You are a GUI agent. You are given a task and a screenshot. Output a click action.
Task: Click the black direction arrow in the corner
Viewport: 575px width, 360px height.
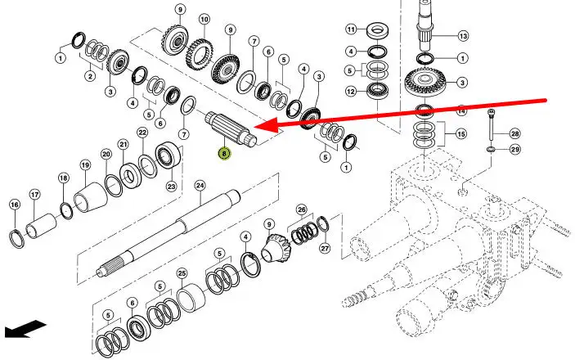24,329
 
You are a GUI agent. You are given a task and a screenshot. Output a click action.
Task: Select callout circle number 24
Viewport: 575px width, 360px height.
199,186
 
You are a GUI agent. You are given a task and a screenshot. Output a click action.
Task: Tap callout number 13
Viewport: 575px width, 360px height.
462,36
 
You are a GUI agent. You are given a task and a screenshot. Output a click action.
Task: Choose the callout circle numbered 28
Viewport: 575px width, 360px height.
514,133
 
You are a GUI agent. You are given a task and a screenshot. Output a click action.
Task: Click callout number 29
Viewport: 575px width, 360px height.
514,149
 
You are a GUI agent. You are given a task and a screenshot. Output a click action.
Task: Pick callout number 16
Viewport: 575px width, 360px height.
14,205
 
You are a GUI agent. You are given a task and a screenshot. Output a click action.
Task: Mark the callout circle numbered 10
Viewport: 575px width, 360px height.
204,19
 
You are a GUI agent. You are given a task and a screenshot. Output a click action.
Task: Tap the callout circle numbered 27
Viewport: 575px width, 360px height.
324,249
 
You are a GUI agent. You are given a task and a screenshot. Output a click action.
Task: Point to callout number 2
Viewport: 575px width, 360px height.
89,76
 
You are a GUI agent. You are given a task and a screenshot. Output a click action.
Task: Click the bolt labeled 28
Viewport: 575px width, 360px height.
490,127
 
